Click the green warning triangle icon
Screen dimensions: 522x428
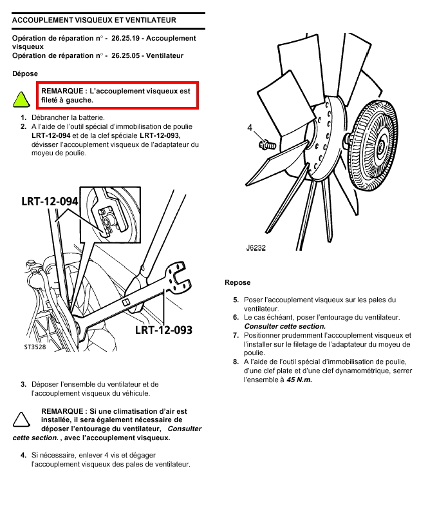tap(21, 99)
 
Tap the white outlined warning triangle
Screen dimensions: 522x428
tap(21, 420)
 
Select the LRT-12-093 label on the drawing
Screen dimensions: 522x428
tap(163, 330)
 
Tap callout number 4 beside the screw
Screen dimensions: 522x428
tap(250, 128)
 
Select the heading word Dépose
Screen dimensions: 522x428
tap(25, 73)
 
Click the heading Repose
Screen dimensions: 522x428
tap(237, 282)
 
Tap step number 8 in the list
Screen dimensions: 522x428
tap(236, 362)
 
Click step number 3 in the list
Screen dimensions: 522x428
tap(23, 384)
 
